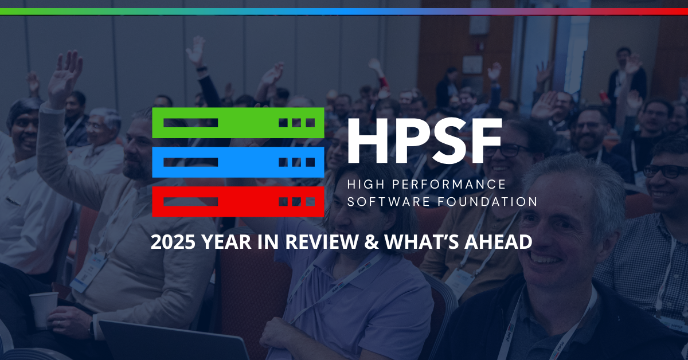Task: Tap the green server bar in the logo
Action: pyautogui.click(x=238, y=123)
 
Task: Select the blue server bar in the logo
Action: pyautogui.click(x=238, y=162)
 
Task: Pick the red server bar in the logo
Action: pyautogui.click(x=238, y=201)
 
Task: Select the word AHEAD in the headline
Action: pyautogui.click(x=499, y=242)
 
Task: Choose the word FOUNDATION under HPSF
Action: pyautogui.click(x=488, y=202)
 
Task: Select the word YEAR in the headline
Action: pyautogui.click(x=227, y=242)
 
